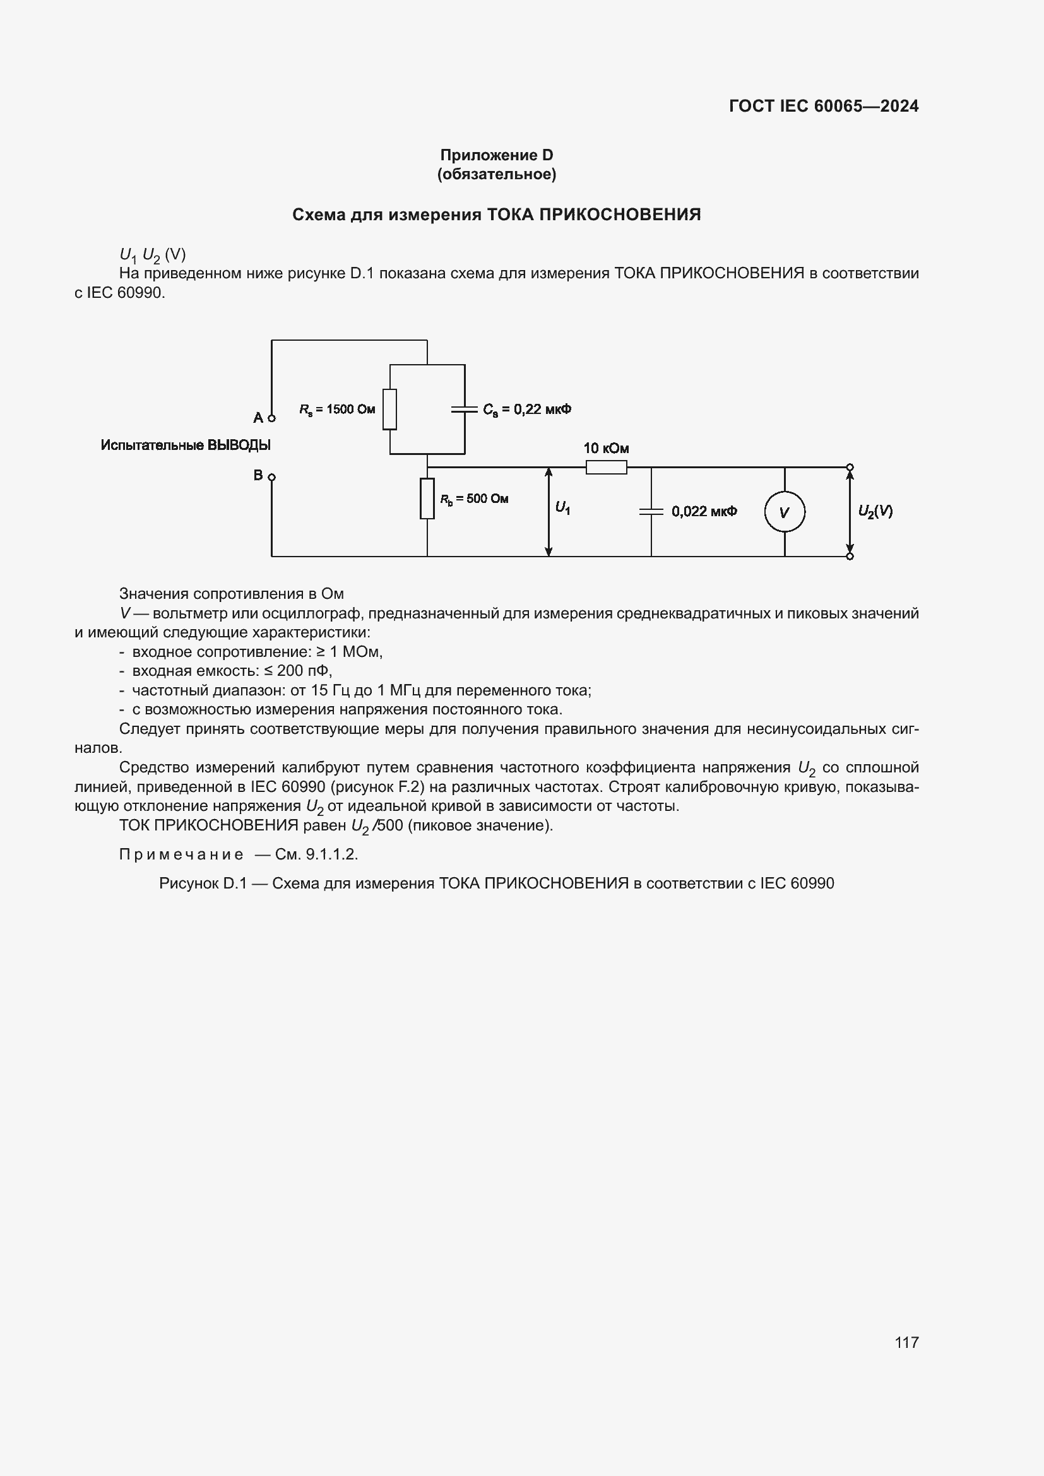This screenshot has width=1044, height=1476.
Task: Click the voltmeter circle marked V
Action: click(x=785, y=512)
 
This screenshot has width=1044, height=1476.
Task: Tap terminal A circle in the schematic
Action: click(x=272, y=418)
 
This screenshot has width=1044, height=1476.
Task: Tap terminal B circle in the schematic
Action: click(x=272, y=477)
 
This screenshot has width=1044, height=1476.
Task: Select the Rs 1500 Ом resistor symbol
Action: click(x=389, y=409)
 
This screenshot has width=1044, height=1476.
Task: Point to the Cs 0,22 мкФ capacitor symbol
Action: click(x=465, y=409)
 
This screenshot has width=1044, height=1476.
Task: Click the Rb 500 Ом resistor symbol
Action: click(x=427, y=499)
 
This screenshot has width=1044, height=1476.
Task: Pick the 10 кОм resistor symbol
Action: click(x=606, y=468)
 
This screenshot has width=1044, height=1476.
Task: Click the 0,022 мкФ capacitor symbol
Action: click(x=651, y=512)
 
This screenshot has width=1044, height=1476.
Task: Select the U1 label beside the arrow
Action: click(x=562, y=509)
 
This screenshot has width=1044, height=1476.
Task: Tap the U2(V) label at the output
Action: click(x=875, y=511)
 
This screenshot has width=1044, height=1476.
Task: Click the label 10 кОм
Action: click(x=605, y=448)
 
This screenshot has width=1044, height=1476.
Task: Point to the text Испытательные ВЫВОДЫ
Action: click(x=186, y=445)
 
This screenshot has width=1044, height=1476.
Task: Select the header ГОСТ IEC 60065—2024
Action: click(x=824, y=106)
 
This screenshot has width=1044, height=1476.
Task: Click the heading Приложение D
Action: click(x=496, y=155)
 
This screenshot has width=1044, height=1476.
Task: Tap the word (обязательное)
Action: click(x=496, y=174)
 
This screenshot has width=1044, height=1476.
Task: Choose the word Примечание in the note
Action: click(x=181, y=854)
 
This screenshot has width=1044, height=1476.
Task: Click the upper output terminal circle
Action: click(x=850, y=468)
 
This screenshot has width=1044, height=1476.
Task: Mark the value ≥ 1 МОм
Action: click(x=350, y=652)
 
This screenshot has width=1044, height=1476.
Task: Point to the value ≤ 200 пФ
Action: click(x=299, y=671)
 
